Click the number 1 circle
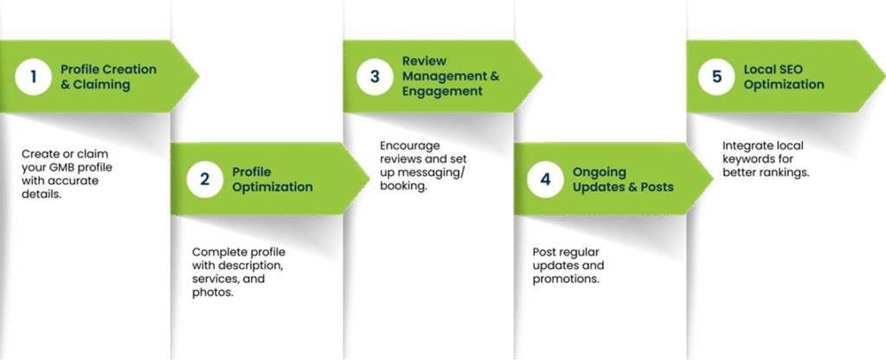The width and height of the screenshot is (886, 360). (x=34, y=76)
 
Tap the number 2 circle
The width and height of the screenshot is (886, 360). (x=205, y=179)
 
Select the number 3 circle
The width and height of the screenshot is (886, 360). (x=375, y=76)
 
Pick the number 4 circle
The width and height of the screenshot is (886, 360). (x=545, y=179)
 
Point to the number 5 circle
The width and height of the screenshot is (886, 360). (x=716, y=76)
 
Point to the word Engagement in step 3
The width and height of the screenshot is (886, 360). (x=442, y=92)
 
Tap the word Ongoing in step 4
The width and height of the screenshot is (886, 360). (x=599, y=171)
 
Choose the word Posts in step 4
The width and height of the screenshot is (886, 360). (x=656, y=187)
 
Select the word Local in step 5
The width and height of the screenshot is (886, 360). (x=761, y=68)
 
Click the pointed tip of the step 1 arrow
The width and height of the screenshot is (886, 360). (x=198, y=76)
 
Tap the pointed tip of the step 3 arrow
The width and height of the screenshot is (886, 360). (x=542, y=76)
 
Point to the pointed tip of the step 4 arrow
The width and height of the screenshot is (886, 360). (x=713, y=179)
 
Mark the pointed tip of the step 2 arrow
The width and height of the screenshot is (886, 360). (x=369, y=179)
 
